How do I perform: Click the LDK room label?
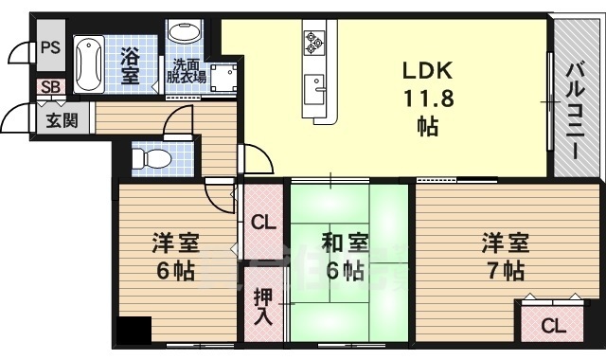pyautogui.click(x=429, y=69)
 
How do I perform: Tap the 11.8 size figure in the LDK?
pyautogui.click(x=429, y=98)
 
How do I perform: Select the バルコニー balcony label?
pyautogui.click(x=575, y=99)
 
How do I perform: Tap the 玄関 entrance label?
pyautogui.click(x=52, y=120)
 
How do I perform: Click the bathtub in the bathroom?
pyautogui.click(x=89, y=61)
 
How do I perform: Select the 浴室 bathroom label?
pyautogui.click(x=131, y=62)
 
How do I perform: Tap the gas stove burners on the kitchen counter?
pyautogui.click(x=314, y=43)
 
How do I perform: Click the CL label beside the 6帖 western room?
pyautogui.click(x=263, y=224)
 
